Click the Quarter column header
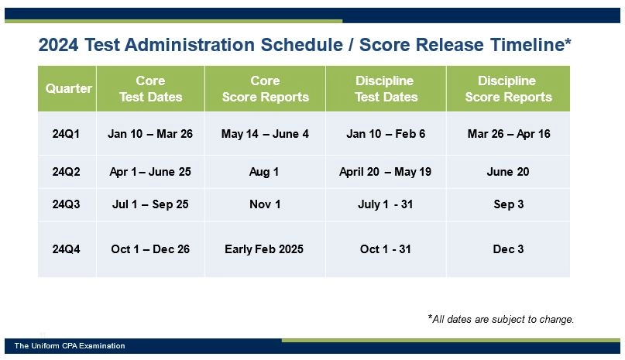(x=68, y=88)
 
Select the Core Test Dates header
(x=150, y=88)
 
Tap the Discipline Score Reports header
(x=508, y=88)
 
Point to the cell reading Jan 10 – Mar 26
(x=150, y=134)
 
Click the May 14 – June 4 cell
(x=265, y=134)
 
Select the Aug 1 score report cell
(x=265, y=172)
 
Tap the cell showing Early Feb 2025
(x=265, y=249)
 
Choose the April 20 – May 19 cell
(x=386, y=172)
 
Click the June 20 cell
(x=508, y=172)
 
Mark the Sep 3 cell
(x=508, y=204)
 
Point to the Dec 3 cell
(x=508, y=249)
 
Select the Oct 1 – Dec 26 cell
(x=150, y=249)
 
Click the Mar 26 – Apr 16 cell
(x=508, y=134)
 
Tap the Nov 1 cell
(x=265, y=204)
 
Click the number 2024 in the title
(x=59, y=46)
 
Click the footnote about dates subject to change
(x=501, y=319)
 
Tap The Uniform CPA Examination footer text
(x=70, y=346)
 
